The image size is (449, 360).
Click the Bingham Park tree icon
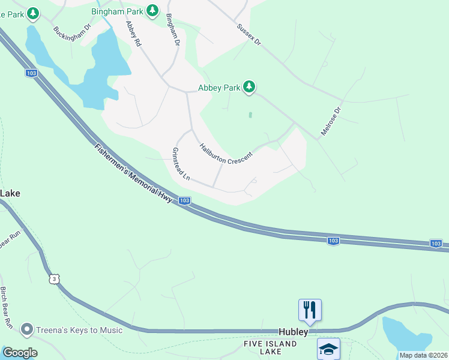152,10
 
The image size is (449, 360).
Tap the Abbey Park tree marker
249,88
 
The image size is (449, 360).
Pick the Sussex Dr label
249,35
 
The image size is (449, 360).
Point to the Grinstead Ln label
181,164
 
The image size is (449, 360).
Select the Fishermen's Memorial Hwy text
133,172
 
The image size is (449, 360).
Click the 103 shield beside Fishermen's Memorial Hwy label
185,200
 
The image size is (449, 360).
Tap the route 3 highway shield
55,279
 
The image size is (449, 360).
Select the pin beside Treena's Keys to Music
26,329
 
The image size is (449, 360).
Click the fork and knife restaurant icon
310,310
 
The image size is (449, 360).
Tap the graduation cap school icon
328,349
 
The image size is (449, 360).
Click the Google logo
20,353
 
